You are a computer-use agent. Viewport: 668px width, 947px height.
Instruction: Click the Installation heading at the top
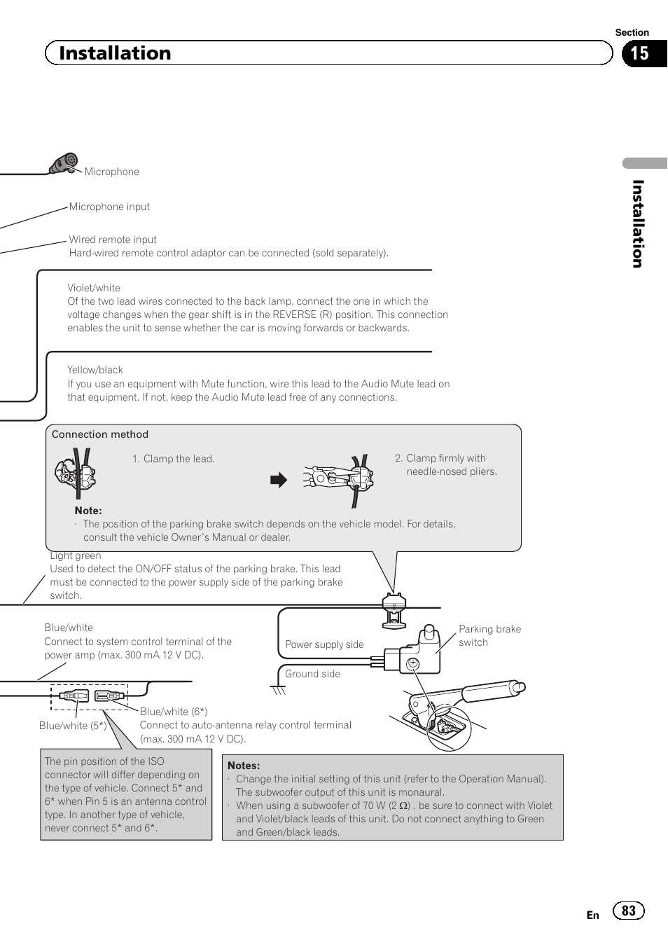pyautogui.click(x=115, y=53)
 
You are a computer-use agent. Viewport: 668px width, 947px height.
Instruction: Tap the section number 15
pyautogui.click(x=639, y=54)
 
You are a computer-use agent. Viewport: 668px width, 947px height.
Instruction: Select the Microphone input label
pyautogui.click(x=109, y=207)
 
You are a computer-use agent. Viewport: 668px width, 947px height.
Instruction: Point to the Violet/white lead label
pyautogui.click(x=94, y=288)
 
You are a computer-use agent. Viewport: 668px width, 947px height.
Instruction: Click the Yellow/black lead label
pyautogui.click(x=95, y=370)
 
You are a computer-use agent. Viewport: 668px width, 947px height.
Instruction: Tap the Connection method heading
pyautogui.click(x=100, y=434)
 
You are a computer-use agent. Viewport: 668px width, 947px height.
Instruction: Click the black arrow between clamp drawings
pyautogui.click(x=279, y=480)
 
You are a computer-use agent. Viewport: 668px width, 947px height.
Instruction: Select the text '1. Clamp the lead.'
pyautogui.click(x=173, y=459)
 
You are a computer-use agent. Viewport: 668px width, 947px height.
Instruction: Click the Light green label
pyautogui.click(x=76, y=556)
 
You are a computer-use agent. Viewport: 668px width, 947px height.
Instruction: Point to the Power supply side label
pyautogui.click(x=324, y=644)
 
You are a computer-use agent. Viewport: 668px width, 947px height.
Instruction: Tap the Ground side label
pyautogui.click(x=312, y=674)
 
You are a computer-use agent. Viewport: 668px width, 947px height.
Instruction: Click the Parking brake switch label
pyautogui.click(x=489, y=635)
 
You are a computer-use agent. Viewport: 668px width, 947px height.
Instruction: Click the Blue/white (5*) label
pyautogui.click(x=73, y=726)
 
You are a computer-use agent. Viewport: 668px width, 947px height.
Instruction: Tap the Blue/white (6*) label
pyautogui.click(x=174, y=712)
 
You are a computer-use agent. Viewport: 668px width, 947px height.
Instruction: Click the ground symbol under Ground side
pyautogui.click(x=279, y=690)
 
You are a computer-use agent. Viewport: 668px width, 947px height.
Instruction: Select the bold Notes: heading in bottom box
pyautogui.click(x=244, y=766)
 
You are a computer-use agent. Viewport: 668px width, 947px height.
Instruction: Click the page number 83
pyautogui.click(x=629, y=911)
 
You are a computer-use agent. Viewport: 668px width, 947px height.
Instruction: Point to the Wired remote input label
pyautogui.click(x=113, y=240)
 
